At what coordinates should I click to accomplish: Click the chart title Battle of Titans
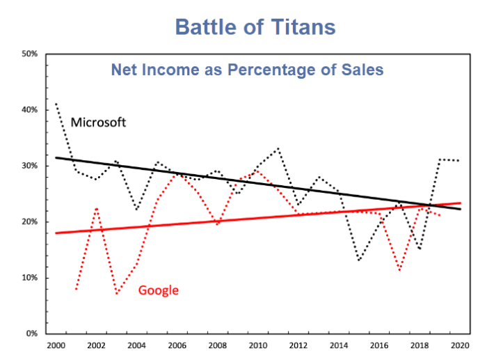pyautogui.click(x=255, y=26)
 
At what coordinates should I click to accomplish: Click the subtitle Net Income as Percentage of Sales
pyautogui.click(x=248, y=70)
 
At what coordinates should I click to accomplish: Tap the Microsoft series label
pyautogui.click(x=98, y=123)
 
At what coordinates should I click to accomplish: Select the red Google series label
pyautogui.click(x=159, y=290)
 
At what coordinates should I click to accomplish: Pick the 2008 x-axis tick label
pyautogui.click(x=217, y=345)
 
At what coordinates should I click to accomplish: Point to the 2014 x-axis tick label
pyautogui.click(x=338, y=345)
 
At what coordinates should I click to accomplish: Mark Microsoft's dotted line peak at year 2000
pyautogui.click(x=56, y=103)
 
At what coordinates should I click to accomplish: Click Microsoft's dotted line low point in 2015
pyautogui.click(x=359, y=261)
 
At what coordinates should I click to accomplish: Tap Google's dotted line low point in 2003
pyautogui.click(x=116, y=294)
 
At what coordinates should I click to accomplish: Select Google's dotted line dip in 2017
pyautogui.click(x=399, y=270)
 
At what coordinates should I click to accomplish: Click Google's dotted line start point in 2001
pyautogui.click(x=76, y=288)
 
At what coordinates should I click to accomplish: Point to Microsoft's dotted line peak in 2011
pyautogui.click(x=278, y=148)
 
